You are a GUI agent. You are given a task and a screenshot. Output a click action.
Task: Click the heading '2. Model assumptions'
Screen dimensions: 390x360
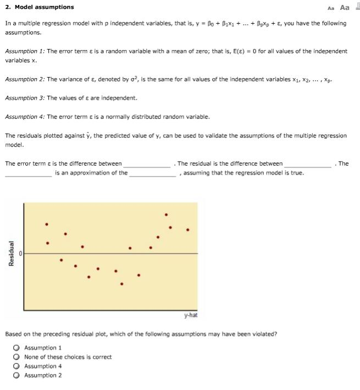pyautogui.click(x=39, y=7)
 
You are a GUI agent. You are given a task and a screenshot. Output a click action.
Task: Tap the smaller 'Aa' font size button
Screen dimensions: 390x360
pyautogui.click(x=330, y=8)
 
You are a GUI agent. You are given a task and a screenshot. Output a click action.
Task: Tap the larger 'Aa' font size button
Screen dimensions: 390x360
pyautogui.click(x=345, y=7)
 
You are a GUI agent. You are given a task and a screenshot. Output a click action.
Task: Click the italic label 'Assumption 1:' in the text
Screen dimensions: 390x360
pyautogui.click(x=25, y=51)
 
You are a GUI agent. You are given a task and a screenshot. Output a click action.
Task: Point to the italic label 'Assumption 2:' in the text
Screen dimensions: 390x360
pyautogui.click(x=25, y=79)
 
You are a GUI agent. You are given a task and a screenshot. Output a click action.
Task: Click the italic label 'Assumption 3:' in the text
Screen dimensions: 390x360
pyautogui.click(x=25, y=98)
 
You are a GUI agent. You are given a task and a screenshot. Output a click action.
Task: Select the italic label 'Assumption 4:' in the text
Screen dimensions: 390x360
pyautogui.click(x=25, y=117)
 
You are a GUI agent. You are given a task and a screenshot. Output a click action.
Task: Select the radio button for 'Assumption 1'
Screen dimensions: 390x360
pyautogui.click(x=17, y=348)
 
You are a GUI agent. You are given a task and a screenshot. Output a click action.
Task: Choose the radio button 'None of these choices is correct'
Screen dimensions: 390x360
pyautogui.click(x=17, y=357)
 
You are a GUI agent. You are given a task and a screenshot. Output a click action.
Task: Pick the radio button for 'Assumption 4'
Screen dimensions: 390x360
pyautogui.click(x=17, y=366)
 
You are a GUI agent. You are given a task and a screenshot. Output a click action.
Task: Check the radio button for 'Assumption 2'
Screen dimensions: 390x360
pyautogui.click(x=17, y=376)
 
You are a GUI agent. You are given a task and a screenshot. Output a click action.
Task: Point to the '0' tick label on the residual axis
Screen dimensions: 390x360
pyautogui.click(x=20, y=254)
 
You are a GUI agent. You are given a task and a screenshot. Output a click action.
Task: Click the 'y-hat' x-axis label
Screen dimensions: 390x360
pyautogui.click(x=190, y=315)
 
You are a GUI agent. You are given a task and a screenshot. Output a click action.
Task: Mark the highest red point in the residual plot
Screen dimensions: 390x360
pyautogui.click(x=166, y=215)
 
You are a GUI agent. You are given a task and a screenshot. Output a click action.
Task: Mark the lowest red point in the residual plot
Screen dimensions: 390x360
pyautogui.click(x=121, y=284)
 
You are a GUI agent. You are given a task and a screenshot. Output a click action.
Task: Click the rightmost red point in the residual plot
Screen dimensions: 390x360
pyautogui.click(x=188, y=229)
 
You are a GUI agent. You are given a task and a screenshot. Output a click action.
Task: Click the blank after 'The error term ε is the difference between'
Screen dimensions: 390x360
pyautogui.click(x=147, y=164)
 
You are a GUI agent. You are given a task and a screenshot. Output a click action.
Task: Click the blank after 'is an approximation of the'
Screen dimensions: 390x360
pyautogui.click(x=152, y=173)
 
